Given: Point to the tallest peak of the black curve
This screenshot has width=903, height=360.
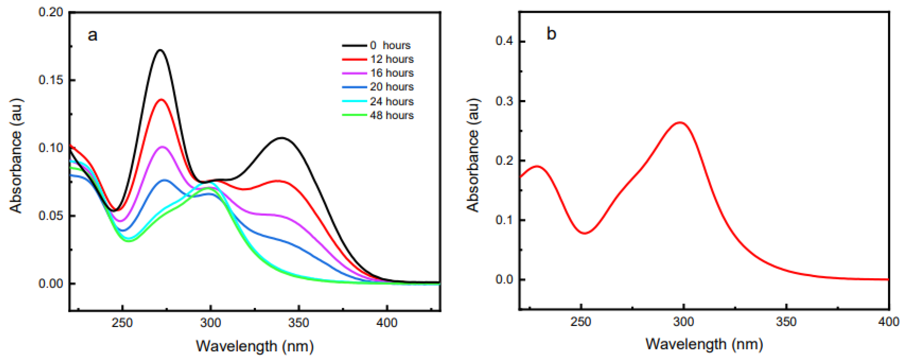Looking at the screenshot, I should [161, 50].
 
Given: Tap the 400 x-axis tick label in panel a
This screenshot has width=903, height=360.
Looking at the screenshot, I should [387, 322].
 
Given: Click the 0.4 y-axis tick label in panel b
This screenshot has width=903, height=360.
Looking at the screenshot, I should [504, 41].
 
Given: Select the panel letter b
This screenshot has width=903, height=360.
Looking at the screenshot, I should [551, 34].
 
